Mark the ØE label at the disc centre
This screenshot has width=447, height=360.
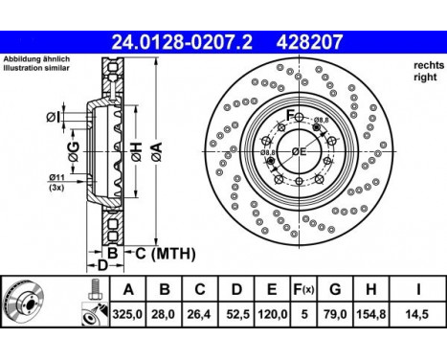[298, 151]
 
